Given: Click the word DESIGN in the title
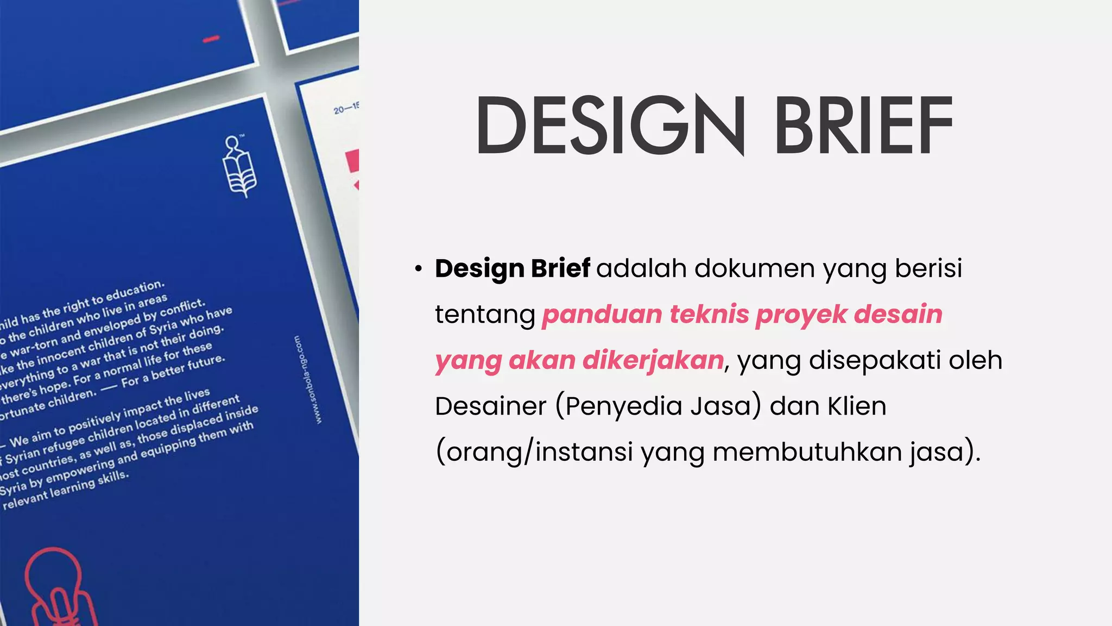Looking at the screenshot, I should pyautogui.click(x=610, y=125).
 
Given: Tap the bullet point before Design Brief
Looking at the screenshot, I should pyautogui.click(x=418, y=269).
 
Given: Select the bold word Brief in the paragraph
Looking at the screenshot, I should pyautogui.click(x=560, y=268).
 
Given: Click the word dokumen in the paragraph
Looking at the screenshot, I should pyautogui.click(x=754, y=268).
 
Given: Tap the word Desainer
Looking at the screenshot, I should pyautogui.click(x=490, y=406).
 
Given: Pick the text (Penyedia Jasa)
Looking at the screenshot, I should pyautogui.click(x=658, y=406).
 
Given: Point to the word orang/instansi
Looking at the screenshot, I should pyautogui.click(x=534, y=452).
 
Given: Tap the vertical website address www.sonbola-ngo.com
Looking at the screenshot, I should pyautogui.click(x=307, y=379).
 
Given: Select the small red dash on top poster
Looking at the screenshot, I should pyautogui.click(x=211, y=39).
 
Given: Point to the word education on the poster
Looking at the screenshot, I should pyautogui.click(x=135, y=291).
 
